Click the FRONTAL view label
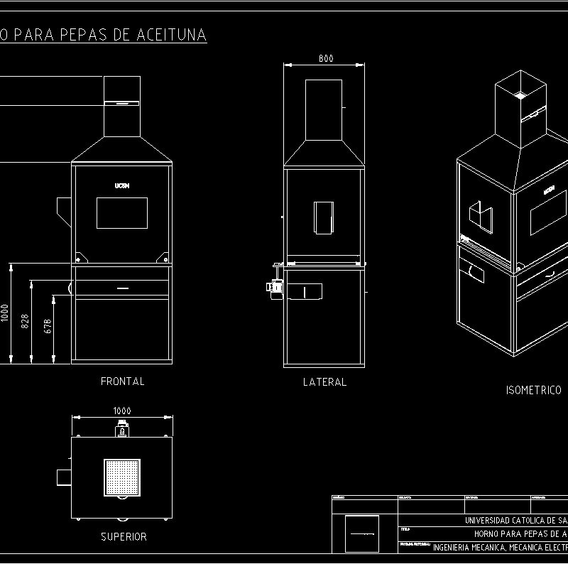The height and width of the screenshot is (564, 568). coord(122,381)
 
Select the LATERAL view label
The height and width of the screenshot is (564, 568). coord(324,382)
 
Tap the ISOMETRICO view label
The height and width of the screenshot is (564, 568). coord(533,390)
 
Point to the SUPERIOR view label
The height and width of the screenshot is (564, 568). coord(124,537)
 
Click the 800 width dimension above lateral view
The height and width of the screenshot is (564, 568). coord(325,58)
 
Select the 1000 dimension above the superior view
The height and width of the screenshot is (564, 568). coord(122,411)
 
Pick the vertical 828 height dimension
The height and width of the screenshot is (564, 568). coord(26,321)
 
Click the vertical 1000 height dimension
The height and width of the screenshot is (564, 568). coord(5,313)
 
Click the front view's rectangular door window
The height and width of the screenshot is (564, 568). coord(121,213)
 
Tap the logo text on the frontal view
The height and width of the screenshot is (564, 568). coord(121,185)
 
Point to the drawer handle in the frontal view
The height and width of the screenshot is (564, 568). coord(122,288)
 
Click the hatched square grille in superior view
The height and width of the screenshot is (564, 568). coord(122,477)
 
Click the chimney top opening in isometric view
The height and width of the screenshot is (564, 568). coord(520,94)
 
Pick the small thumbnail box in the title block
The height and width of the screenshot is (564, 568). coord(362,534)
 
